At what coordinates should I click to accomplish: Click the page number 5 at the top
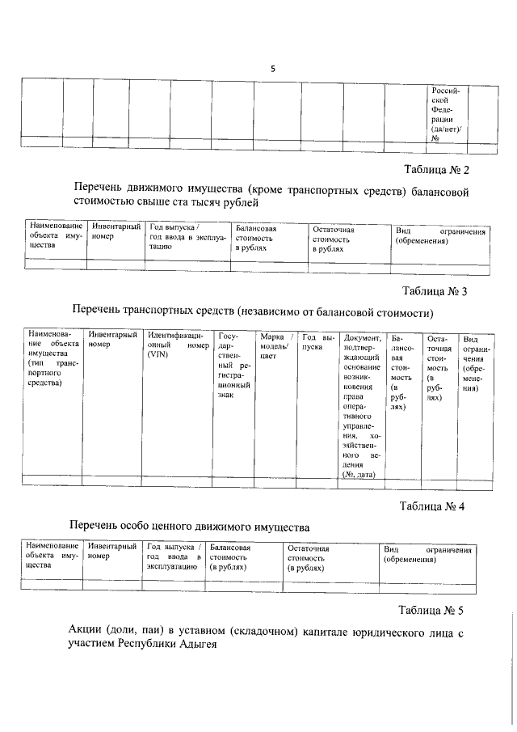272,69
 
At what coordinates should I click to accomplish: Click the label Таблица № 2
435,170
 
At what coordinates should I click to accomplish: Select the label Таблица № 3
435,291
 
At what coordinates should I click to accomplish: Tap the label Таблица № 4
434,507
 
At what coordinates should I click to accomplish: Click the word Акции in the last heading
88,630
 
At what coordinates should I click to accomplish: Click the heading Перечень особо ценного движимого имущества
189,527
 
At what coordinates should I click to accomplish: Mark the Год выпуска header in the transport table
317,341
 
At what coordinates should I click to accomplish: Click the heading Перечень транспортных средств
252,311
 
